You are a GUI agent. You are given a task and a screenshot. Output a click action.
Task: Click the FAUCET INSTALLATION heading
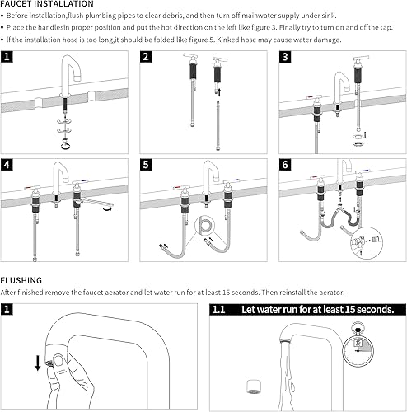tap(47, 4)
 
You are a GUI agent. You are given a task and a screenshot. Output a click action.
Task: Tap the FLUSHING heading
tap(21, 280)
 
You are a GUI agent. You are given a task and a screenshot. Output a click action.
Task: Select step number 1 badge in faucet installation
tap(7, 57)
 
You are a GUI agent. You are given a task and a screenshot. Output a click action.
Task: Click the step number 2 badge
tap(146, 57)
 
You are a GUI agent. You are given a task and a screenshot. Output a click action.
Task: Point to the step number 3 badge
tap(285, 57)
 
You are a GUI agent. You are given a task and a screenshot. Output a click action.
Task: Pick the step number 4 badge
tap(7, 165)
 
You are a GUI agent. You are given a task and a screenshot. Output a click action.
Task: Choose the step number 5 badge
tap(146, 165)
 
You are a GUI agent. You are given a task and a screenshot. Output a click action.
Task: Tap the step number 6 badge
tap(285, 165)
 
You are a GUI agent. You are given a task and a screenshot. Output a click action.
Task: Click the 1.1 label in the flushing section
tap(219, 310)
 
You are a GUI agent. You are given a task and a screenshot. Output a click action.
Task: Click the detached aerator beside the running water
tap(253, 386)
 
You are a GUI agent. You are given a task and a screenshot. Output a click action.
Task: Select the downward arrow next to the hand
tap(38, 363)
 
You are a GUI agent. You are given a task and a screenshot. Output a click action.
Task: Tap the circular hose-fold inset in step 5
tap(204, 226)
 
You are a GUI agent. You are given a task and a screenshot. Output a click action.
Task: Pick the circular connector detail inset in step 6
tap(367, 242)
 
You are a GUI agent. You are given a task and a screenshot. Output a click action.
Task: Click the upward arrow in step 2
tap(219, 92)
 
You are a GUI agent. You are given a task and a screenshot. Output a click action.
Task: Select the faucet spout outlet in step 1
tap(77, 77)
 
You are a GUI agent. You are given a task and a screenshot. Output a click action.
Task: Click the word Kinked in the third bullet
tap(227, 40)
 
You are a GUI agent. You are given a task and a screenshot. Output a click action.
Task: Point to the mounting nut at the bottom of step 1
tap(66, 144)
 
